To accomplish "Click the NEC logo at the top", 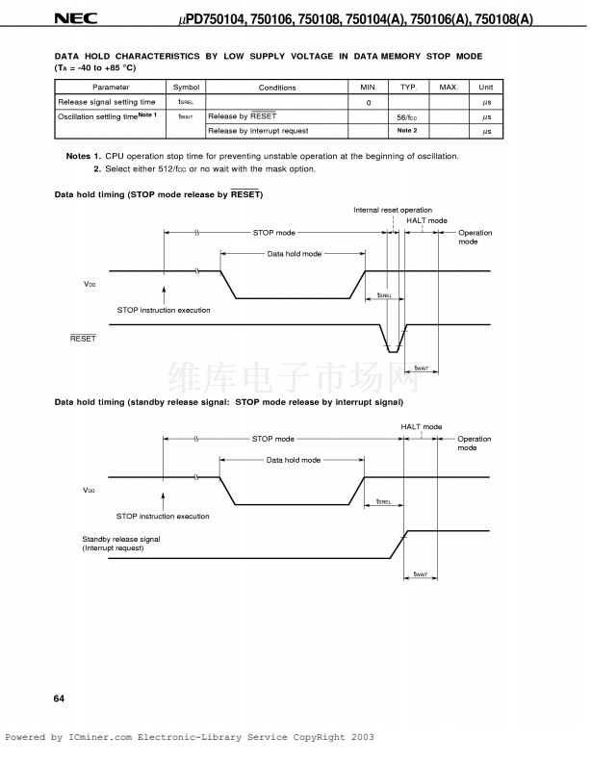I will pyautogui.click(x=69, y=18).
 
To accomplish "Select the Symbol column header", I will pyautogui.click(x=186, y=88).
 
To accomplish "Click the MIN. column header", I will pyautogui.click(x=368, y=88).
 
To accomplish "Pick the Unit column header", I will pyautogui.click(x=486, y=88).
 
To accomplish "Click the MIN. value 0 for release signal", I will pyautogui.click(x=368, y=102).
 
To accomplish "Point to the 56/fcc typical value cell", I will pyautogui.click(x=407, y=116).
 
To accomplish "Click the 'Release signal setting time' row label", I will pyautogui.click(x=107, y=102).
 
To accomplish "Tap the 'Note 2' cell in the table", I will pyautogui.click(x=407, y=131).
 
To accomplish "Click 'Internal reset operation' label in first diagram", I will pyautogui.click(x=393, y=210).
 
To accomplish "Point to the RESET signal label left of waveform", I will pyautogui.click(x=83, y=339).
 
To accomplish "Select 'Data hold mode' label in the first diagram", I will pyautogui.click(x=294, y=254).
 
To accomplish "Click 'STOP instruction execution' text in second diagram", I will pyautogui.click(x=163, y=517).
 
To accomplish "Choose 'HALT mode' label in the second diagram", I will pyautogui.click(x=422, y=426).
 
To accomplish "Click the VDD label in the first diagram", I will pyautogui.click(x=90, y=285).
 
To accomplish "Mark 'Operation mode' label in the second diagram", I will pyautogui.click(x=474, y=444).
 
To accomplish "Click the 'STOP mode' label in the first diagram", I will pyautogui.click(x=274, y=233).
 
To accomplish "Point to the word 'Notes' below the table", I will pyautogui.click(x=78, y=156).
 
